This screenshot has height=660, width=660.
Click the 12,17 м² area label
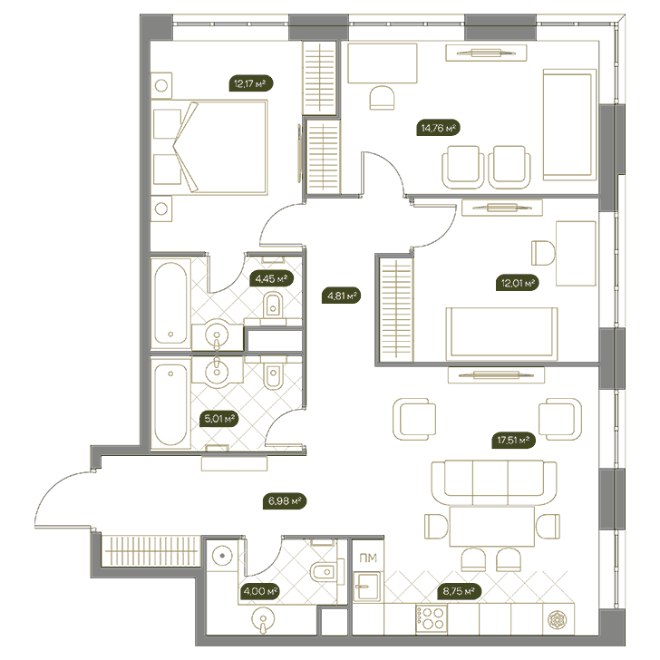click(x=251, y=83)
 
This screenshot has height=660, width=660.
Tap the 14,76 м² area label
click(x=438, y=128)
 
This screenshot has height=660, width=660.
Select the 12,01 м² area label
click(x=518, y=283)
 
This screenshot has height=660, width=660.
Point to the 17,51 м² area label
click(x=513, y=441)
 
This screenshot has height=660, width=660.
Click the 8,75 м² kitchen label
click(x=460, y=591)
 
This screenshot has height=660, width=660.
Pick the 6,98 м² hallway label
click(x=285, y=501)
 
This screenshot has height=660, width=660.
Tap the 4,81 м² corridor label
click(x=342, y=296)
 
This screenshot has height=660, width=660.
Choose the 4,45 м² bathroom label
click(x=271, y=278)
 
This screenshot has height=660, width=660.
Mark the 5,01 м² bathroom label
click(x=219, y=419)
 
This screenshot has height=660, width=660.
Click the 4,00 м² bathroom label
click(x=261, y=591)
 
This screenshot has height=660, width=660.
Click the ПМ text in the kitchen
click(x=368, y=558)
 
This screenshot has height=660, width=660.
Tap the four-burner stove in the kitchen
click(x=431, y=618)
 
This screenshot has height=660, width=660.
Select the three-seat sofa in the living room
click(x=494, y=482)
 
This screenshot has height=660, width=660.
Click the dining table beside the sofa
click(x=492, y=527)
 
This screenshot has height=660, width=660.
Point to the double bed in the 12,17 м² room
click(x=210, y=147)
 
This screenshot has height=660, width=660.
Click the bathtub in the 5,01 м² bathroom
click(x=170, y=404)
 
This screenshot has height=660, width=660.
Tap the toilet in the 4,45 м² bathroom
click(x=273, y=306)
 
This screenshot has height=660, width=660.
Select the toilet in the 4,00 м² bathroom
click(x=325, y=571)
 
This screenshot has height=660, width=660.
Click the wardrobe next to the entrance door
click(x=150, y=550)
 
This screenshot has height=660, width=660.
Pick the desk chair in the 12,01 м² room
click(x=543, y=253)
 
